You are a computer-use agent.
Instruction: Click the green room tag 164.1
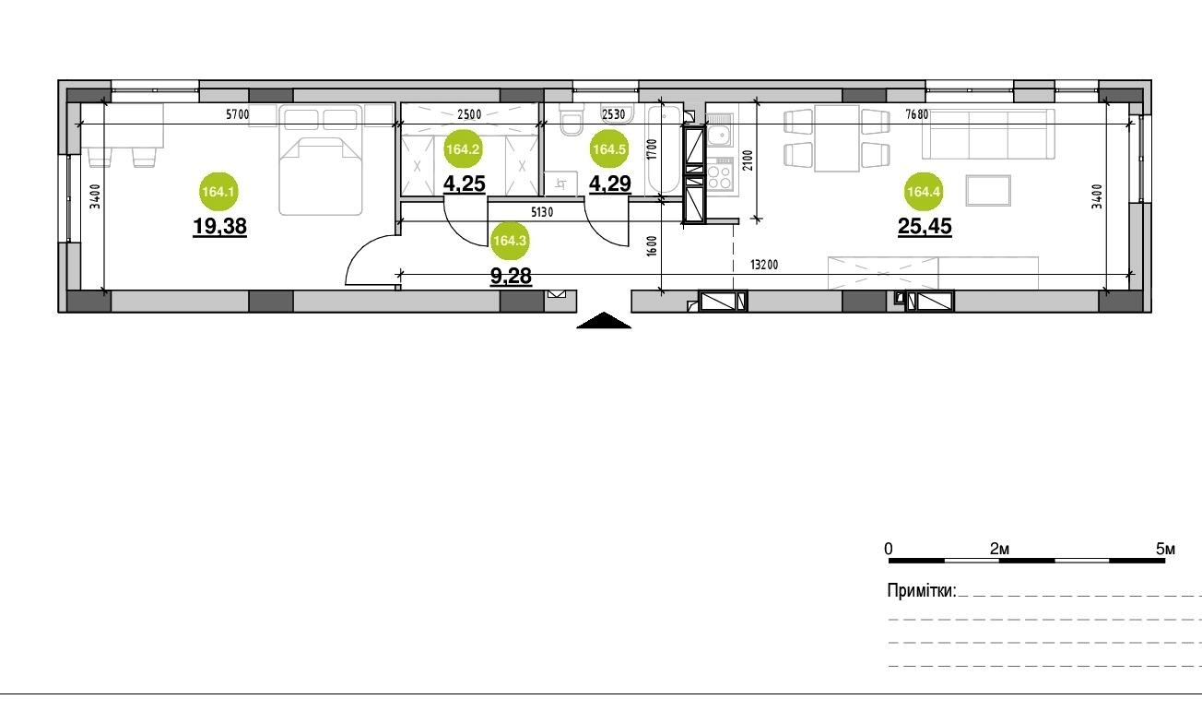click(x=218, y=191)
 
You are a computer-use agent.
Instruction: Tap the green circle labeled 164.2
click(x=463, y=148)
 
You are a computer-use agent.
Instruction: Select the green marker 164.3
click(x=510, y=241)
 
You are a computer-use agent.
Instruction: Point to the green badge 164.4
click(x=924, y=191)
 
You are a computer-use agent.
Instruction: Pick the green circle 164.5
click(x=609, y=148)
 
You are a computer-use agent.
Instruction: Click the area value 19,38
click(x=220, y=227)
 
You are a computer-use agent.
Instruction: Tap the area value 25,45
click(x=925, y=227)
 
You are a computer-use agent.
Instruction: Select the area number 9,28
click(x=511, y=277)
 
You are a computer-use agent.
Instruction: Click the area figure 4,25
click(x=465, y=184)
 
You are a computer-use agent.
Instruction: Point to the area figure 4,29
click(x=610, y=184)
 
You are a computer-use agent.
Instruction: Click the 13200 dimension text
click(x=764, y=265)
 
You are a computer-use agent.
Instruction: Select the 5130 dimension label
click(x=542, y=212)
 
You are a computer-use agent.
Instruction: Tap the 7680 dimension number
click(x=916, y=114)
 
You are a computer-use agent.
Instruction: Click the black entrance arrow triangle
click(x=604, y=320)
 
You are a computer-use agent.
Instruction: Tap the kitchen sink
click(x=719, y=129)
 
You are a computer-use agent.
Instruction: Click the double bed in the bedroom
click(x=321, y=160)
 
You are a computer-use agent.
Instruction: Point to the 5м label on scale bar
click(x=1165, y=549)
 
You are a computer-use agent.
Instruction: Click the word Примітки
click(x=922, y=591)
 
